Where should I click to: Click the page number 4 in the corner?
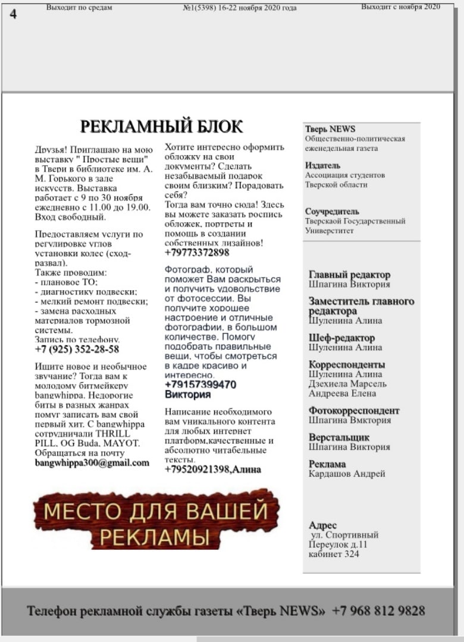(x=13, y=15)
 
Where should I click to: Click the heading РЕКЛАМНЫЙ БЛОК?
(x=161, y=127)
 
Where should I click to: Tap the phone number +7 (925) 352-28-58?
(x=77, y=349)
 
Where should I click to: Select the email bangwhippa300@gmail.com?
(x=92, y=462)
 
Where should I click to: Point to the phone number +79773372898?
(x=197, y=253)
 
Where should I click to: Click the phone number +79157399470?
(x=200, y=385)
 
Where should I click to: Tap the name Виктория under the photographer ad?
(x=187, y=395)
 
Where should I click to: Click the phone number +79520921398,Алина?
(x=212, y=470)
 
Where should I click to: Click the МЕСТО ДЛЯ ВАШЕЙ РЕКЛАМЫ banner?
(x=156, y=520)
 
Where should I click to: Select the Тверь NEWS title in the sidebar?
(x=330, y=129)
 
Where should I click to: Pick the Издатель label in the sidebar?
(x=322, y=165)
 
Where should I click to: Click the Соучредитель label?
(x=332, y=211)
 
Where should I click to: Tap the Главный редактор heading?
(x=349, y=275)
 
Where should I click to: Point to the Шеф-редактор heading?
(x=341, y=338)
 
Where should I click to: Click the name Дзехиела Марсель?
(x=347, y=384)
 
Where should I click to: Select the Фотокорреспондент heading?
(x=354, y=410)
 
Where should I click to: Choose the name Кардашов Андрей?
(x=347, y=474)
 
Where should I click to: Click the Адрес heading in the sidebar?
(x=322, y=525)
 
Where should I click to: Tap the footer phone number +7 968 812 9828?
(x=378, y=610)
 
